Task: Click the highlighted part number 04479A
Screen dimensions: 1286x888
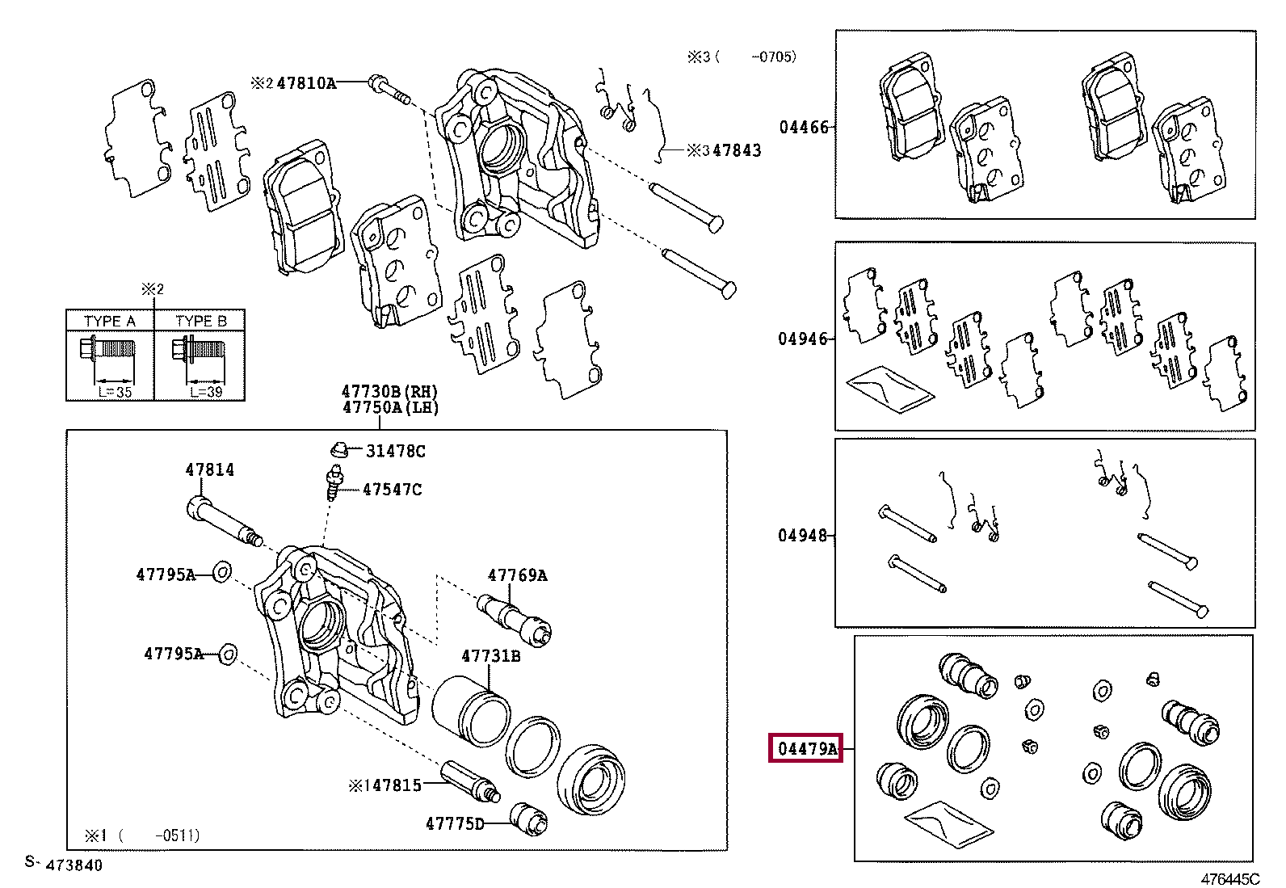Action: [x=806, y=748]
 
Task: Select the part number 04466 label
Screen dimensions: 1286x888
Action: [x=804, y=127]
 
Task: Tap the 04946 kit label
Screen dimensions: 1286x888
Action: [x=803, y=339]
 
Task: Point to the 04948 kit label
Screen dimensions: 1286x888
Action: [x=803, y=536]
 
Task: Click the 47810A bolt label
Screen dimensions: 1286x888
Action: [x=307, y=83]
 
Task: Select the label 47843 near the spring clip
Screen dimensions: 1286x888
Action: [x=738, y=150]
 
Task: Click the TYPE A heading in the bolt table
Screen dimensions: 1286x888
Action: [x=110, y=321]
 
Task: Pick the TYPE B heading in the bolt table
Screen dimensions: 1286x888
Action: [x=201, y=321]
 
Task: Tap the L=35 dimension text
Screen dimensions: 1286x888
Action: [x=115, y=392]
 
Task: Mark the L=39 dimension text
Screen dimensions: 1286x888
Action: [x=206, y=392]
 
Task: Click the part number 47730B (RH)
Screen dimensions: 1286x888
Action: [x=390, y=392]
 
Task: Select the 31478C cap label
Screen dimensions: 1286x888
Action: [x=396, y=452]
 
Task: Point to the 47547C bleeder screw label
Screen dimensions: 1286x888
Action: [x=392, y=490]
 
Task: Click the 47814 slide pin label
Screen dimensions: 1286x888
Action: [x=209, y=469]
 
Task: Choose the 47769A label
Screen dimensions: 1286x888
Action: [x=517, y=575]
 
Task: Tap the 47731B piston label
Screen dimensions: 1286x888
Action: [x=491, y=655]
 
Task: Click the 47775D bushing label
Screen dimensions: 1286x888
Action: [x=455, y=824]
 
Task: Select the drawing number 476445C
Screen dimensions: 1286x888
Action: [x=1230, y=879]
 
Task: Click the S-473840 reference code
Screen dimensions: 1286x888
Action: [x=64, y=864]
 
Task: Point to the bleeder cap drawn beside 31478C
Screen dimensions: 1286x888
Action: [x=339, y=449]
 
